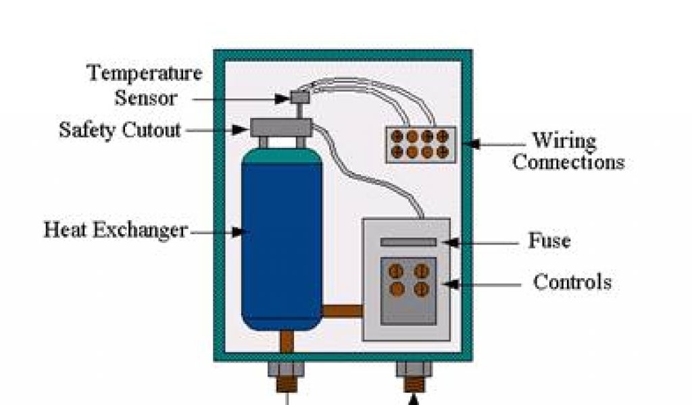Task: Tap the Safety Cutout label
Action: [x=120, y=130]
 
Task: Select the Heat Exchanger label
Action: [x=116, y=231]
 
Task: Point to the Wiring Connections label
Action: [x=567, y=152]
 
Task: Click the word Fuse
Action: [x=549, y=241]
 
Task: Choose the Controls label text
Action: [x=572, y=281]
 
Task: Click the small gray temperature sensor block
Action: [x=299, y=97]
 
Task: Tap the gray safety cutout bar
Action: [x=280, y=126]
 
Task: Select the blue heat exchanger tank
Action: [x=281, y=243]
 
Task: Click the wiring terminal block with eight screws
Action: [x=420, y=144]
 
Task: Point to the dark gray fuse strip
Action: [x=408, y=242]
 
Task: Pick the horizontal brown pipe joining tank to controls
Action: [x=343, y=312]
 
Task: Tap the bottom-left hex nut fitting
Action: [x=286, y=369]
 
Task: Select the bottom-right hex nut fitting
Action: [x=414, y=369]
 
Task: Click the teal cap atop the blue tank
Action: [x=281, y=155]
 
